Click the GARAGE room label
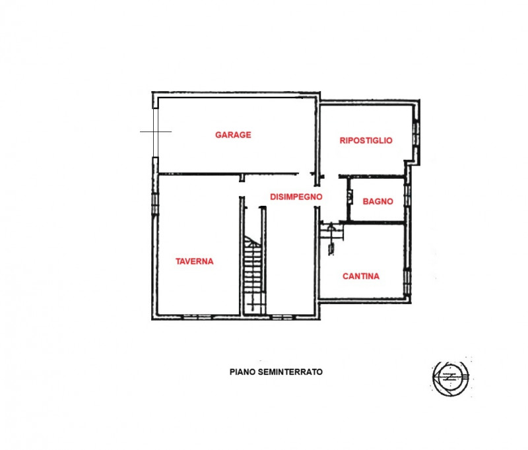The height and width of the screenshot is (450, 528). click(x=233, y=135)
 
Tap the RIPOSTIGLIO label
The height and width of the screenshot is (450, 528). click(x=366, y=140)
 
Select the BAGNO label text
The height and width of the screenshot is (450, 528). click(x=378, y=201)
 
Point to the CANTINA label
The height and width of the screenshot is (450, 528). click(x=361, y=276)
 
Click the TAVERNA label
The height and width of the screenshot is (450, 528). click(x=194, y=261)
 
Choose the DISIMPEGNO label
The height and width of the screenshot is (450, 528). click(x=296, y=196)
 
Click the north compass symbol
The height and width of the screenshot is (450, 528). click(x=450, y=377)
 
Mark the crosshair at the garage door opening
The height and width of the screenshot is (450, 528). click(x=156, y=132)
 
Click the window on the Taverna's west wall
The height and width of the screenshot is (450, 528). click(x=156, y=202)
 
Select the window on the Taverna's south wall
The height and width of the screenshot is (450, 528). click(x=195, y=317)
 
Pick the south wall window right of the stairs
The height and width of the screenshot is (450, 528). click(x=282, y=317)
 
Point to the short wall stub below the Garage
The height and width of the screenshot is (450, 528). click(x=242, y=177)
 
